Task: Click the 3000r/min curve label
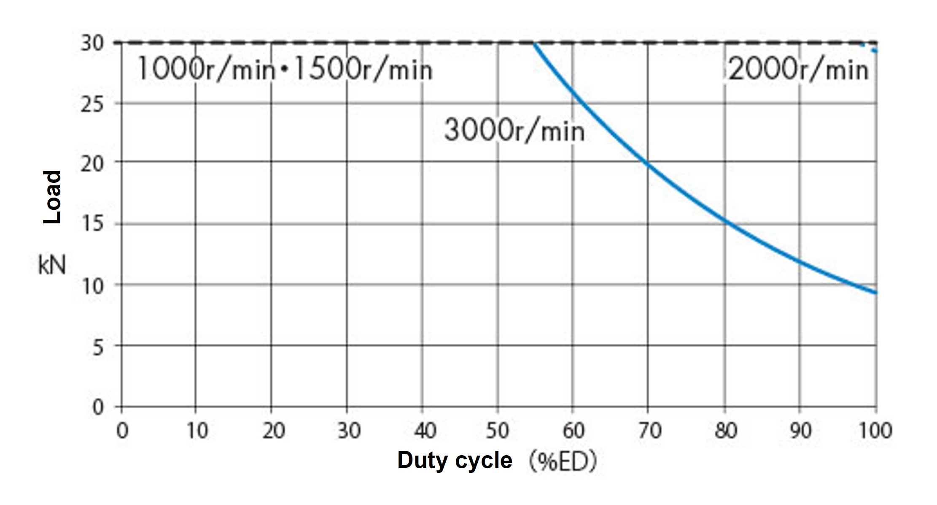[x=514, y=130]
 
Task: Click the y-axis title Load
[x=53, y=197]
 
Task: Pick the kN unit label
[x=52, y=266]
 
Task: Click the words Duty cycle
[x=455, y=460]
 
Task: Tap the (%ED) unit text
[x=563, y=462]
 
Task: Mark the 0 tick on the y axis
[x=98, y=407]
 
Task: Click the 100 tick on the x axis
[x=875, y=431]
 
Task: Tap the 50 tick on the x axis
[x=498, y=431]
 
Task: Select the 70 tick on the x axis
[x=649, y=431]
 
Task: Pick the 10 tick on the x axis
[x=197, y=431]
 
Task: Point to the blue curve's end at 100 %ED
[x=876, y=293]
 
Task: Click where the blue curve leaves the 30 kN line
[x=534, y=43]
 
